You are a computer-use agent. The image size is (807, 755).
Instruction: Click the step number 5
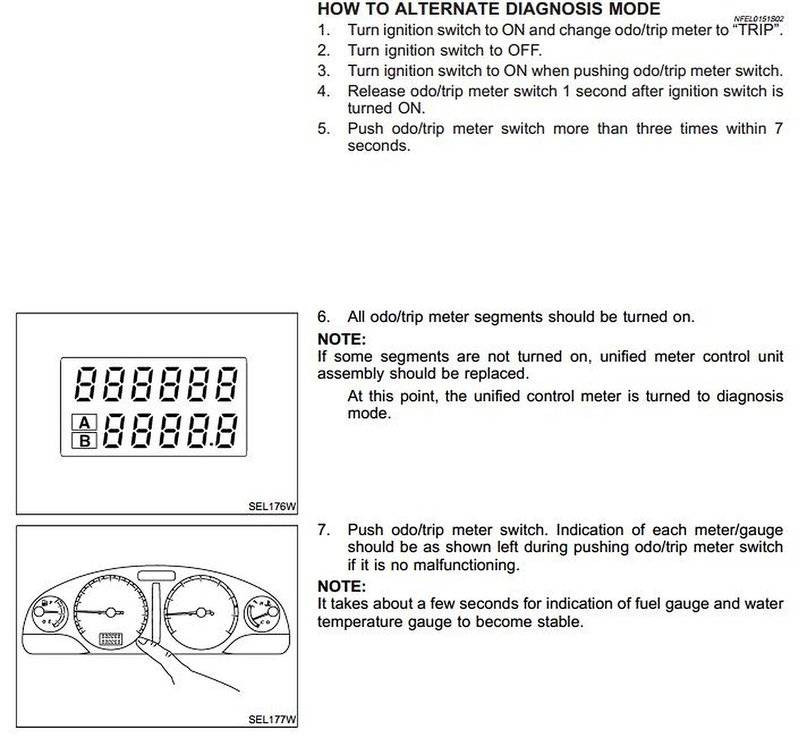tap(323, 129)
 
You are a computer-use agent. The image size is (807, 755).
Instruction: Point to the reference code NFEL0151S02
tap(758, 19)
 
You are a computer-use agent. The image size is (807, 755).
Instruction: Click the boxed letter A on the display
tap(84, 423)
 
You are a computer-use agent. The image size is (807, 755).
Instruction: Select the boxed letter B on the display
tap(84, 440)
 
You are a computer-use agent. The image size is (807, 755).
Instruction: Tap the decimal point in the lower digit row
tap(211, 444)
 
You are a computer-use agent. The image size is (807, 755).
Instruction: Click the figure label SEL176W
tap(271, 506)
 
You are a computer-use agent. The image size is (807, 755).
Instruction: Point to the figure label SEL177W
tap(271, 719)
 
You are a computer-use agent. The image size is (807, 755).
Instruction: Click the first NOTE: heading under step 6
tap(341, 339)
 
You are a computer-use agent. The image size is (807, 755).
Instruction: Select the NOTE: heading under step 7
tap(341, 586)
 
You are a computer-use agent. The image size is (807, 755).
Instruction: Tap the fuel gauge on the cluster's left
tap(47, 613)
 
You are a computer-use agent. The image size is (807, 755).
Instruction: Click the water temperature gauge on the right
tap(262, 614)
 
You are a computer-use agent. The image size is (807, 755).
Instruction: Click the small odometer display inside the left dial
tap(111, 639)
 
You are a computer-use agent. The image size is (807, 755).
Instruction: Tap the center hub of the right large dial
tap(201, 612)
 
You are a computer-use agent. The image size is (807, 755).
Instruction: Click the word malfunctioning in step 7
tap(465, 565)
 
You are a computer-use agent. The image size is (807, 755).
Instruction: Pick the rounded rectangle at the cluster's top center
tap(156, 576)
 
